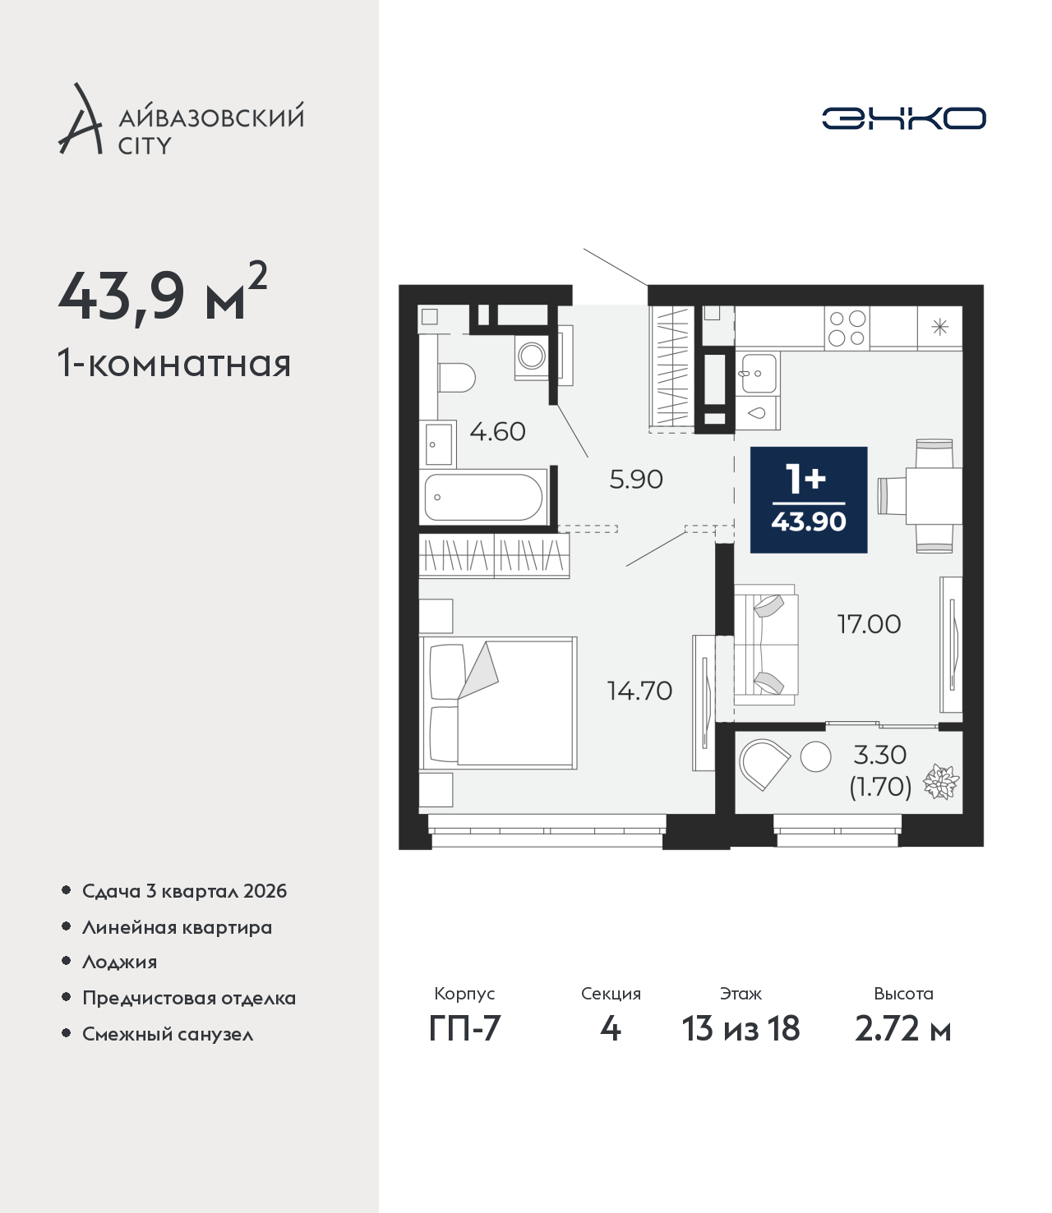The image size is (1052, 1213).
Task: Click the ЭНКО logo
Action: tap(903, 118)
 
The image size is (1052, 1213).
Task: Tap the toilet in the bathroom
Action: tap(456, 377)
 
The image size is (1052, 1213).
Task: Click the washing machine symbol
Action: tap(532, 355)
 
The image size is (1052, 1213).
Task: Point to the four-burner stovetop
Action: tap(847, 328)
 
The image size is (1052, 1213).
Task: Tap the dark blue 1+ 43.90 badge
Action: tap(808, 499)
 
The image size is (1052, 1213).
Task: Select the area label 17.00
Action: tap(869, 624)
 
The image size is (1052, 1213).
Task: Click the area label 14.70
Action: tap(639, 691)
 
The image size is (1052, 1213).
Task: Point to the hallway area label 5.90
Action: tap(636, 480)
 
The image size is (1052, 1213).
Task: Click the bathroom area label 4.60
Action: tap(497, 432)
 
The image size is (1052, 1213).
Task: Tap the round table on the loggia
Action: tap(815, 756)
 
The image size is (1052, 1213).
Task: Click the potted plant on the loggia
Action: tap(942, 783)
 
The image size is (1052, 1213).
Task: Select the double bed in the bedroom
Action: tap(498, 702)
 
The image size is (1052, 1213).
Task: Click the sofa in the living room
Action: tap(766, 645)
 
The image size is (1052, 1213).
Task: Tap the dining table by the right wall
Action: tap(933, 496)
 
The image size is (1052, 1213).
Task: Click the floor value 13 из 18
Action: tap(741, 1029)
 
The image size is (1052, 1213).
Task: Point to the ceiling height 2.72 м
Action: tap(902, 1029)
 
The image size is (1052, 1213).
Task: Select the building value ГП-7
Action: tap(464, 1029)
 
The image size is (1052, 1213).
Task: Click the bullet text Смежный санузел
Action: tap(168, 1034)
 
